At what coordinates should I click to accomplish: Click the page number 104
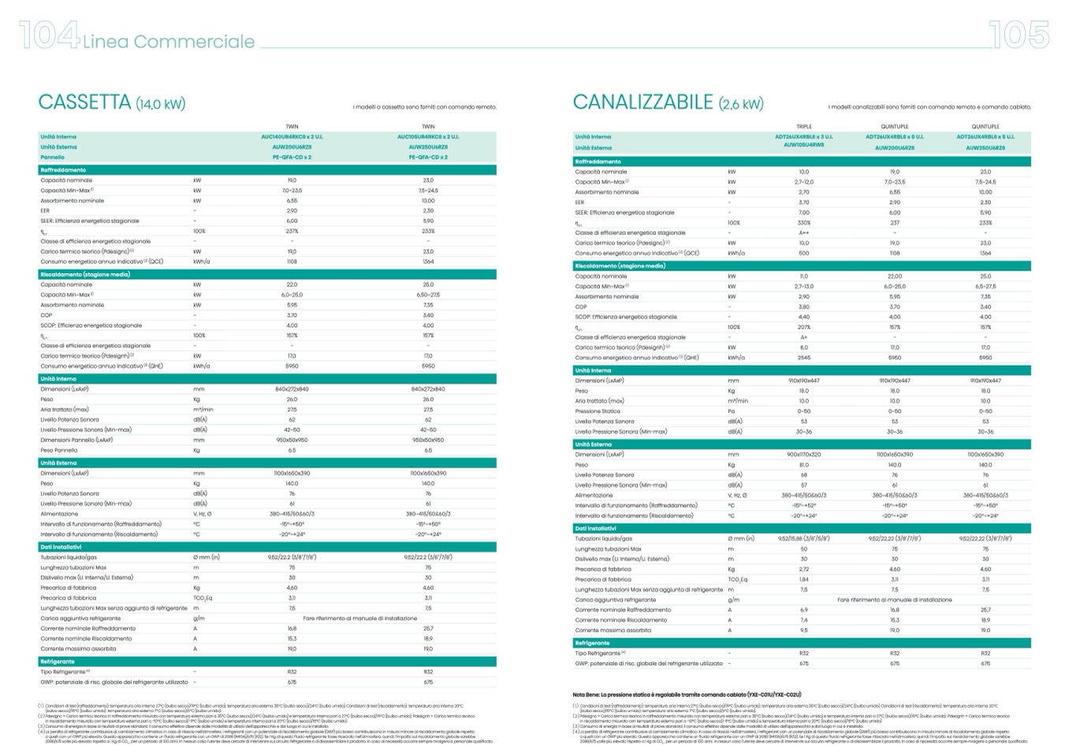[48, 36]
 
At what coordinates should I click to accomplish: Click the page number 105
[1019, 35]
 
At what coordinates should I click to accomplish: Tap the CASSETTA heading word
[84, 102]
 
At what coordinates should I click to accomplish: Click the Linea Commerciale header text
[169, 42]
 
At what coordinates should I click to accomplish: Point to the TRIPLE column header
[803, 126]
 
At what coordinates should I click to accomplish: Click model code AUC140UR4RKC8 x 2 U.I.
[292, 136]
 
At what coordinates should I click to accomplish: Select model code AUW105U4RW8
[803, 145]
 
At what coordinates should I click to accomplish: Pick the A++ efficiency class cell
[803, 233]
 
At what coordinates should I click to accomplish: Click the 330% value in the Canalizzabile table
[803, 223]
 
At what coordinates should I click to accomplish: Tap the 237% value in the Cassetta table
[292, 232]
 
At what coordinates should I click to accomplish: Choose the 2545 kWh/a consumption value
[803, 358]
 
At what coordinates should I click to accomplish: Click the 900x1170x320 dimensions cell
[803, 455]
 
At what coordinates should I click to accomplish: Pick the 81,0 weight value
[803, 465]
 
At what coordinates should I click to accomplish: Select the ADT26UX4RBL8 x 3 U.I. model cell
[803, 136]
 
